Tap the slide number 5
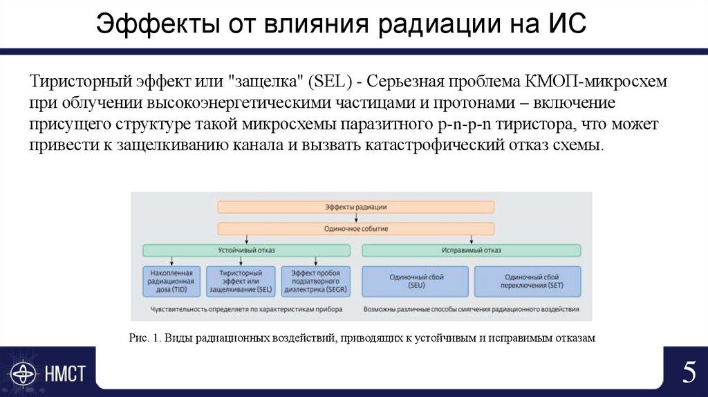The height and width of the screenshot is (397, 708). pyautogui.click(x=689, y=373)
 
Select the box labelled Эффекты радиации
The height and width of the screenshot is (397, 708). pyautogui.click(x=355, y=207)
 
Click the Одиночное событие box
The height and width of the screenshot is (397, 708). pyautogui.click(x=355, y=228)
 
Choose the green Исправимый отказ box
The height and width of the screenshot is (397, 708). pyautogui.click(x=472, y=250)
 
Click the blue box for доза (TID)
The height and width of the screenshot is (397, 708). pyautogui.click(x=171, y=282)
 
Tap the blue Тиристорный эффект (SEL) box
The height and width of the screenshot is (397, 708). pyautogui.click(x=240, y=282)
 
